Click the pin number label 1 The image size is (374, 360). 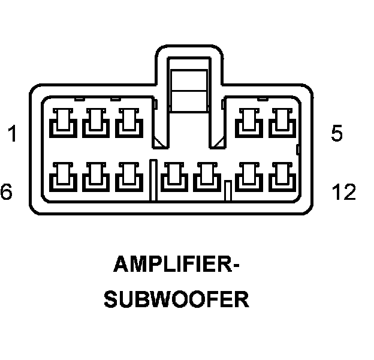coord(12,133)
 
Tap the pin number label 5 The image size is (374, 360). coord(337,133)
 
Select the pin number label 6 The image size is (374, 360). coord(6,191)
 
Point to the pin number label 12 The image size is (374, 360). coord(344,191)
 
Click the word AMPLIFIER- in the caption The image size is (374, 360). coord(176,264)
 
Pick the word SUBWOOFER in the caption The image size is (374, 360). coord(177,299)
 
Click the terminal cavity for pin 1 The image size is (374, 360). coord(63,123)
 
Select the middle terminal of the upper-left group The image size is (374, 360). coord(96,123)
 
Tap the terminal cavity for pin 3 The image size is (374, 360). coord(129,123)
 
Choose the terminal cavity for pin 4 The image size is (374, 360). coord(249,123)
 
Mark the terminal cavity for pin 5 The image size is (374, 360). coord(282,123)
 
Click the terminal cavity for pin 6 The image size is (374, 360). coord(63,177)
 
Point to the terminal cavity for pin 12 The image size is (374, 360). coord(282,177)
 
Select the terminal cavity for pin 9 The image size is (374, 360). coord(174,177)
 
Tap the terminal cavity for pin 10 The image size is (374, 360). coord(207,177)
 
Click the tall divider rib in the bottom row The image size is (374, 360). coord(153,180)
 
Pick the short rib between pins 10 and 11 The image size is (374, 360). coord(228,191)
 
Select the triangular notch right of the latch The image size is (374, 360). coord(219,143)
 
